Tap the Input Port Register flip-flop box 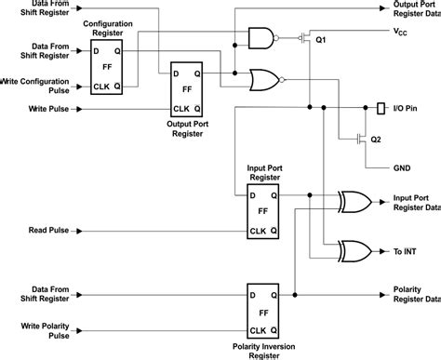coord(265,213)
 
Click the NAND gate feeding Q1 coord(261,37)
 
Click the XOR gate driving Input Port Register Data coord(354,201)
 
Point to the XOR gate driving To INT coord(354,250)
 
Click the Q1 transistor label coord(321,40)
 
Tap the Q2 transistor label coord(375,140)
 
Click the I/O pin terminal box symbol coord(381,109)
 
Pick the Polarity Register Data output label coord(415,293)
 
